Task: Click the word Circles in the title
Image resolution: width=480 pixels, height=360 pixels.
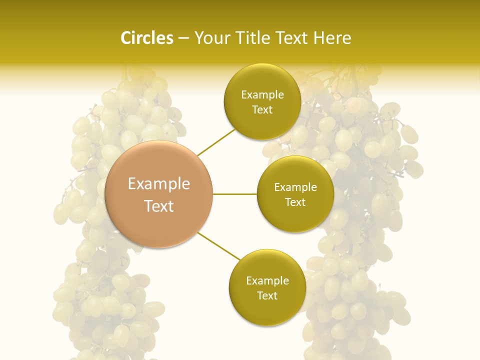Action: tap(146, 38)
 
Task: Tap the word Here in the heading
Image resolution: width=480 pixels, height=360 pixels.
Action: tap(332, 38)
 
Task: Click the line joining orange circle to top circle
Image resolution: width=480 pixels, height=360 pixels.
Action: tap(216, 142)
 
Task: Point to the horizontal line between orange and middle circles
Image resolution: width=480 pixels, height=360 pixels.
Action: tap(235, 194)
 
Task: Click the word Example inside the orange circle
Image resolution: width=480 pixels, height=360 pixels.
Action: tap(159, 184)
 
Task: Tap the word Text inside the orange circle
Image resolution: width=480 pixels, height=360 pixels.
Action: tap(159, 206)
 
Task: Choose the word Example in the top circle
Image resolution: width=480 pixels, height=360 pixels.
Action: tap(262, 95)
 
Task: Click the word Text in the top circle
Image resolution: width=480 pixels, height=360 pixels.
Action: tap(262, 110)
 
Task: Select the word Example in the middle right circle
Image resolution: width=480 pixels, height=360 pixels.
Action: tap(295, 187)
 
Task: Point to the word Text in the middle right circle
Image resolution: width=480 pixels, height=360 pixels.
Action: tap(295, 202)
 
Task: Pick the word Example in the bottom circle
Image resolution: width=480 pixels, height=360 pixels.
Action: tap(267, 281)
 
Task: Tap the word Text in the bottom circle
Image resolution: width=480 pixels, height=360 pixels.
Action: tap(267, 295)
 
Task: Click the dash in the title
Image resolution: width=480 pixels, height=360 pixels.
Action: tap(183, 38)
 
